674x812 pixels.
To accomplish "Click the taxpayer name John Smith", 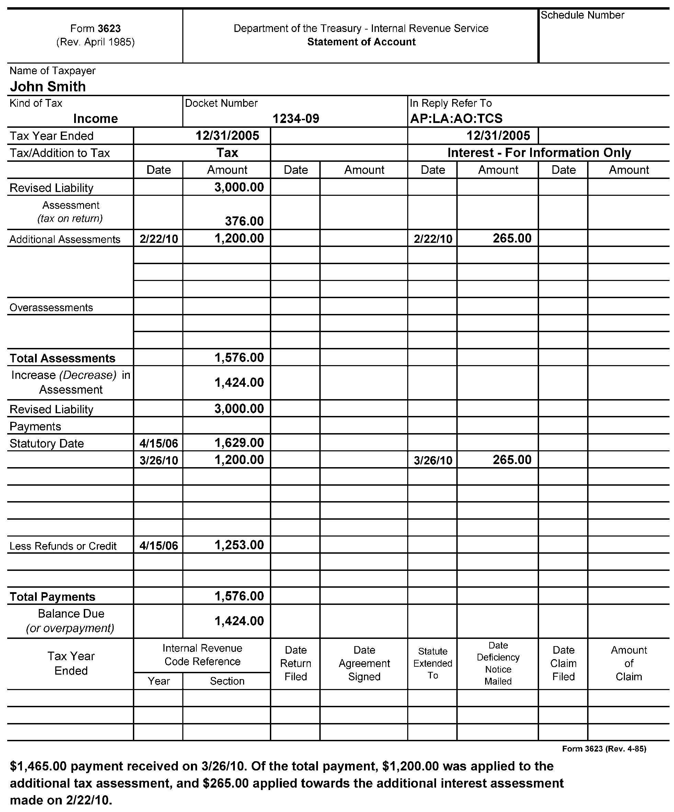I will click(x=48, y=86).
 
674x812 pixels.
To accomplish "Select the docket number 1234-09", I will click(x=296, y=118).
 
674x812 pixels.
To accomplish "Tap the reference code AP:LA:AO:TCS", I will click(x=456, y=118).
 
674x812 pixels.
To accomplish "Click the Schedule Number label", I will click(x=582, y=15).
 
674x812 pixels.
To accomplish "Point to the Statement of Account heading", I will click(x=361, y=42).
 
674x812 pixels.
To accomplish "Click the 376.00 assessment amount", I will click(x=244, y=221).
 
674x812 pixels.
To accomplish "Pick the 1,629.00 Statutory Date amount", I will click(x=239, y=443).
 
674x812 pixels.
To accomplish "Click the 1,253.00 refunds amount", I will click(x=239, y=545).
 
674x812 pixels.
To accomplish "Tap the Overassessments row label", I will click(x=51, y=307).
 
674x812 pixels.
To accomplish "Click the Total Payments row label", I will click(x=52, y=597).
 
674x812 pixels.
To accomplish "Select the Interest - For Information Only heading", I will click(x=539, y=153).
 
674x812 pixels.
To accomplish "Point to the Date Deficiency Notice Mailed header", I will click(x=498, y=663).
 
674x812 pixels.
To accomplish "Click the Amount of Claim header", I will click(x=628, y=663).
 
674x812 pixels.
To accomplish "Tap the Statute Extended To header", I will click(x=433, y=663).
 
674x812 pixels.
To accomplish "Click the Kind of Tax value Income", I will click(x=95, y=118).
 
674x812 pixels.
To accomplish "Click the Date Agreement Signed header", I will click(x=364, y=663).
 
